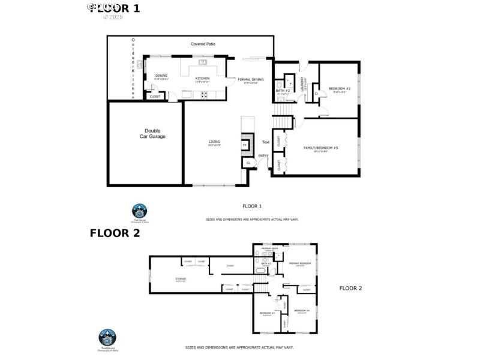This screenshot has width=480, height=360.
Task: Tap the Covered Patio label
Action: pyautogui.click(x=203, y=44)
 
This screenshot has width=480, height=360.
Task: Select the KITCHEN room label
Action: pyautogui.click(x=202, y=79)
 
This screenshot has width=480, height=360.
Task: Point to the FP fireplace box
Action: pyautogui.click(x=244, y=145)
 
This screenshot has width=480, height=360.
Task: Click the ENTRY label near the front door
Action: pyautogui.click(x=263, y=156)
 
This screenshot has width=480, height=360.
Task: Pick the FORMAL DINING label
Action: pyautogui.click(x=250, y=80)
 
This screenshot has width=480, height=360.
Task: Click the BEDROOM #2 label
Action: pyautogui.click(x=340, y=89)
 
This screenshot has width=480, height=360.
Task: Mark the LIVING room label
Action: pyautogui.click(x=214, y=142)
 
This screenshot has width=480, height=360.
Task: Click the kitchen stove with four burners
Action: pyautogui.click(x=204, y=94)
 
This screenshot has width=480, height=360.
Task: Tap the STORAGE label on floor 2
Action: pyautogui.click(x=180, y=278)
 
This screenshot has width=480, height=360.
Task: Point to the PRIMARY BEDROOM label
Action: pyautogui.click(x=300, y=263)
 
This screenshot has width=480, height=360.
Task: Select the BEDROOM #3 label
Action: pyautogui.click(x=267, y=313)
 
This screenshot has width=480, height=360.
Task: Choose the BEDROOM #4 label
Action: pyautogui.click(x=301, y=310)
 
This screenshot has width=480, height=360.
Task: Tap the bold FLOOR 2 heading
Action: pyautogui.click(x=115, y=233)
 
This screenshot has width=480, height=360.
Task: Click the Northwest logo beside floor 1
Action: pyautogui.click(x=139, y=212)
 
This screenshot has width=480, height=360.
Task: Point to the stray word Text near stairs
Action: pyautogui.click(x=266, y=142)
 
